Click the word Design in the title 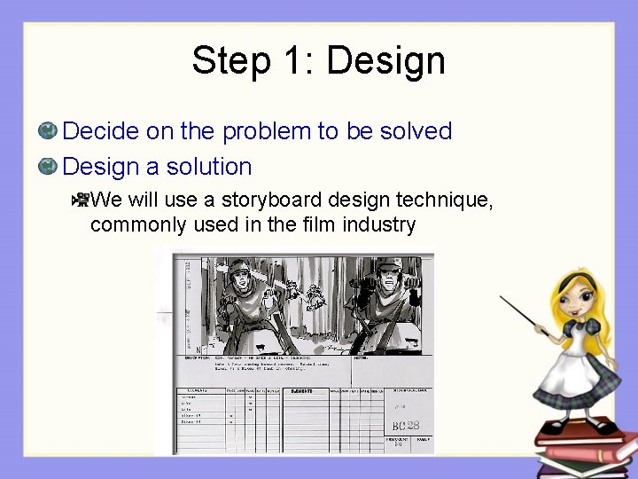[385, 62]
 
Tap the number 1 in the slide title [297, 62]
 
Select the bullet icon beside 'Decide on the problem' [49, 131]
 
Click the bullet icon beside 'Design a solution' [49, 166]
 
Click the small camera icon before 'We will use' [80, 200]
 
